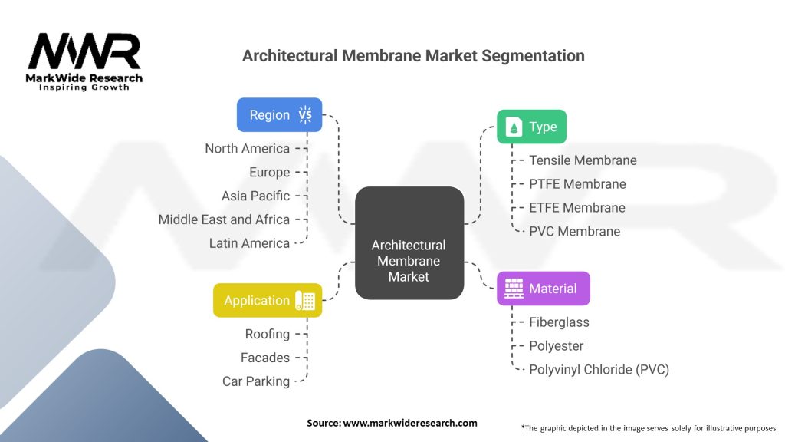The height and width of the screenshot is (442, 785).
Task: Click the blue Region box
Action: click(279, 115)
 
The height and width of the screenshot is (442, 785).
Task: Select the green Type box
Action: click(531, 127)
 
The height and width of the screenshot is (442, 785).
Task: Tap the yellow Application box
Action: click(268, 301)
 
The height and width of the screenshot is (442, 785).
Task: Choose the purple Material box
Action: click(543, 289)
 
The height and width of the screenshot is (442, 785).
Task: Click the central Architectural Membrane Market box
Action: click(409, 244)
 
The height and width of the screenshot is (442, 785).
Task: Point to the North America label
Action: click(247, 148)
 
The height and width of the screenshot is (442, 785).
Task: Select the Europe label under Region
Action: click(269, 172)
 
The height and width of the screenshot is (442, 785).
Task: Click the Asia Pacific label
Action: click(255, 196)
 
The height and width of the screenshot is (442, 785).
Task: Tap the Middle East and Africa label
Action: click(224, 219)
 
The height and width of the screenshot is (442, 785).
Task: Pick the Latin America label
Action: click(249, 243)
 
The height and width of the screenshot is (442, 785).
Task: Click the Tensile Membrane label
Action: click(583, 160)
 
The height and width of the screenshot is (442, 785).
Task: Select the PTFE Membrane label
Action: click(577, 184)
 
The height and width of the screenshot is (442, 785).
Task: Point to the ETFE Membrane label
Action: click(577, 207)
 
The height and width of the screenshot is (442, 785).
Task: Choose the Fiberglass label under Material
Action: click(559, 322)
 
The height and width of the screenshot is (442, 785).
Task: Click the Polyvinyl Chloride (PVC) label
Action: click(599, 369)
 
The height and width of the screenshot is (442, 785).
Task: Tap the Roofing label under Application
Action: click(268, 334)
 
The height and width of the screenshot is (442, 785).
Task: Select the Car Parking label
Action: click(256, 381)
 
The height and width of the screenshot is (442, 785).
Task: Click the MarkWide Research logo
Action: click(84, 62)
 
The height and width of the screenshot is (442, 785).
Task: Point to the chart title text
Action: click(413, 56)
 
